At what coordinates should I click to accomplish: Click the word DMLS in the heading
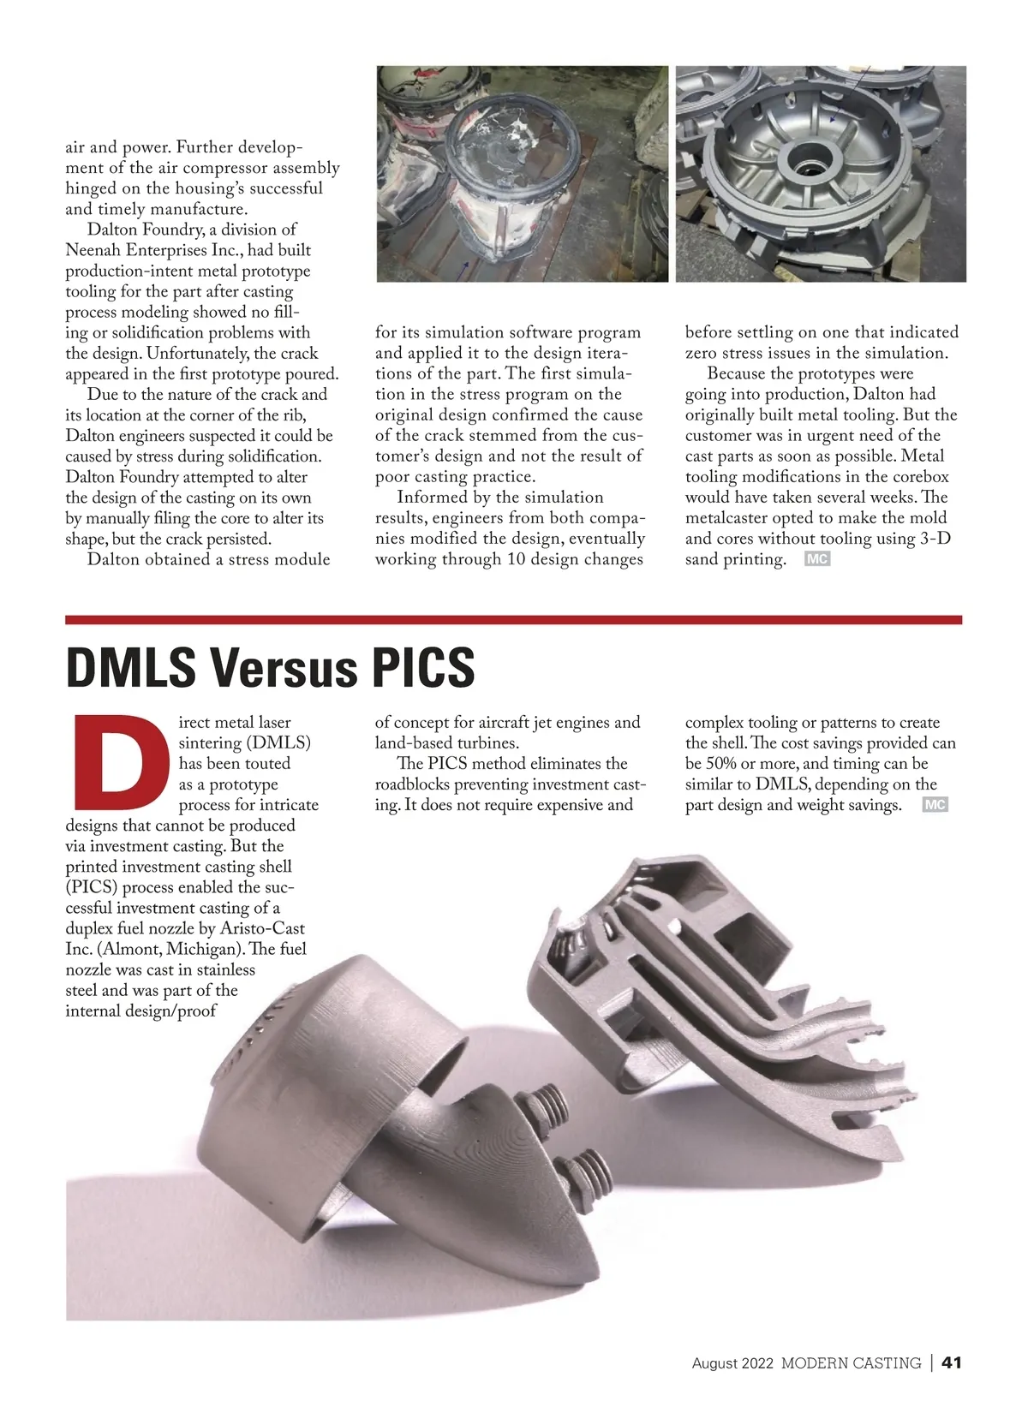point(130,668)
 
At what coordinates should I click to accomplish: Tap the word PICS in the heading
point(422,668)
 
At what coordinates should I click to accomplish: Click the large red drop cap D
point(119,762)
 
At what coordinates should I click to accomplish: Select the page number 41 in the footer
point(952,1362)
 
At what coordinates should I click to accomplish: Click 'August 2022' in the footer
point(732,1363)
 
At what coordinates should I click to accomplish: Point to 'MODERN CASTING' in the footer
point(851,1363)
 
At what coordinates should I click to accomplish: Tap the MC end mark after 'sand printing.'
point(817,560)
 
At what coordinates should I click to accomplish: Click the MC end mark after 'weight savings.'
point(935,805)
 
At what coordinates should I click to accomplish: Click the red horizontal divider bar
point(514,619)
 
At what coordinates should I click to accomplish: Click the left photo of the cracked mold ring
point(523,174)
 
